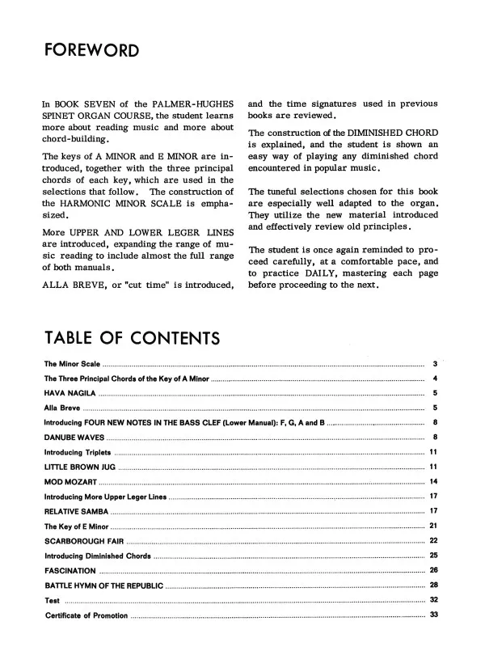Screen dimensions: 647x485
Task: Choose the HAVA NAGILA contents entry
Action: (70, 392)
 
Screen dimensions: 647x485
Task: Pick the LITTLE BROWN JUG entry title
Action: (79, 467)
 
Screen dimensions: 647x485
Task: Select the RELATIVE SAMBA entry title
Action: (74, 511)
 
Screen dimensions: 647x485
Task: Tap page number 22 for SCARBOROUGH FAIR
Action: (433, 540)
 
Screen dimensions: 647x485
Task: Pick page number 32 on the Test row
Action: (433, 599)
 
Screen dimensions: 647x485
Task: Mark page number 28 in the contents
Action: (433, 585)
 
